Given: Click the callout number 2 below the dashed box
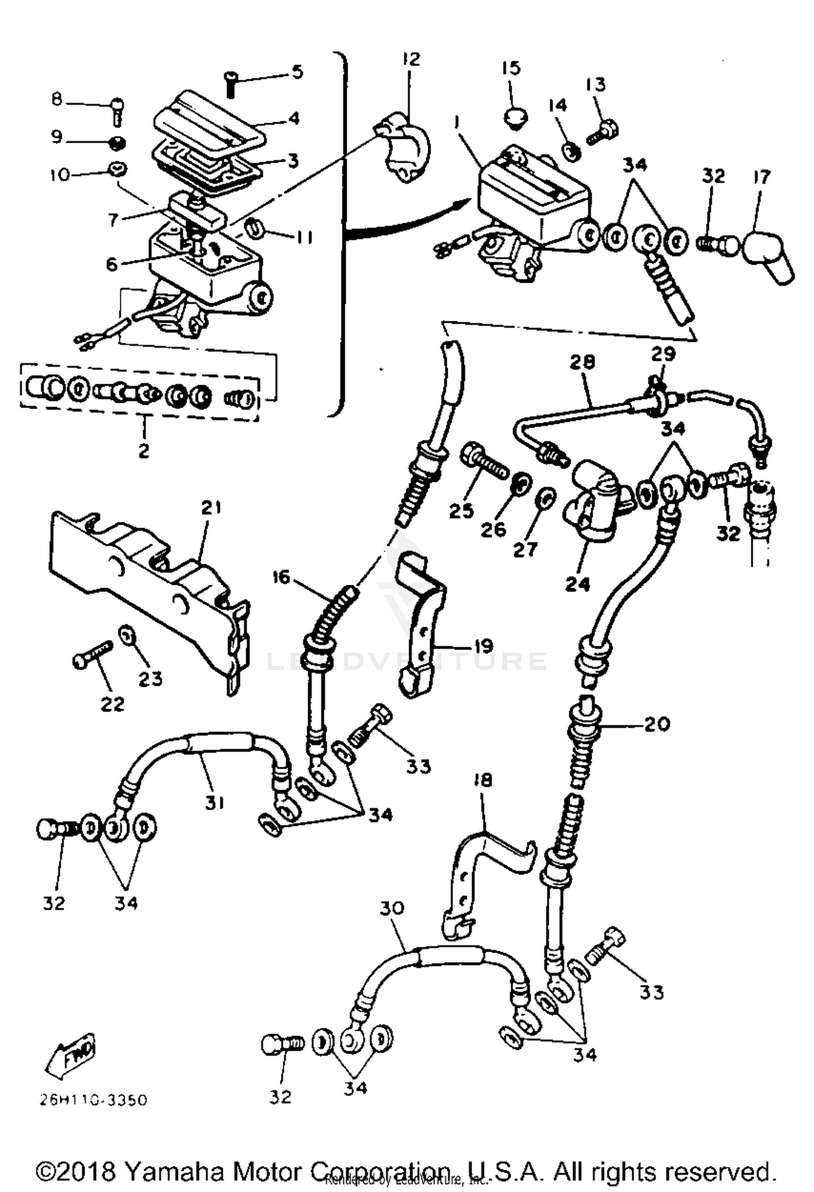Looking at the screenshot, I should coord(143,450).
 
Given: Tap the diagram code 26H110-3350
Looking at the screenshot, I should coord(93,1100).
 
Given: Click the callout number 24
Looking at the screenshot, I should coord(577,584).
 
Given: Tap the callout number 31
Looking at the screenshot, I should coord(214,802).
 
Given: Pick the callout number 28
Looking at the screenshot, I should coord(582,361).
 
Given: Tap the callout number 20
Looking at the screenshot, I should coord(657,723).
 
